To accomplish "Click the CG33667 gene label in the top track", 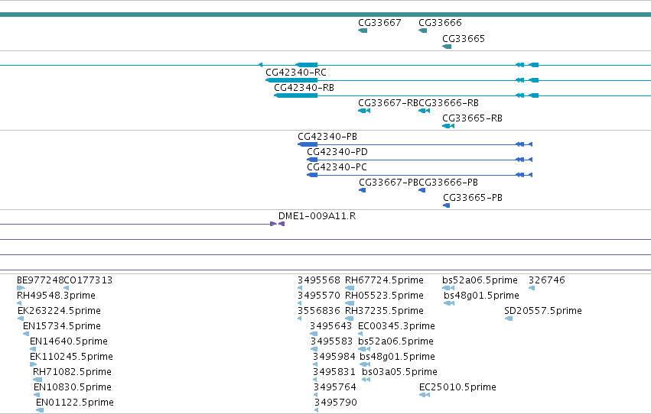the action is point(379,22).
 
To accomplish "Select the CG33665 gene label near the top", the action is point(464,38).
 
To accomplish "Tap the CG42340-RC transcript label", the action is point(296,72).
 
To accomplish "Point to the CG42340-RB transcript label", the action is point(304,87).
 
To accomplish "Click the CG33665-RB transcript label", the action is point(472,118).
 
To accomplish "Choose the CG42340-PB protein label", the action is point(327,136).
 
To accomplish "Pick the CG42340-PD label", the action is point(337,152).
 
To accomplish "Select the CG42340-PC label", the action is point(337,167).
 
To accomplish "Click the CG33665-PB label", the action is point(473,198).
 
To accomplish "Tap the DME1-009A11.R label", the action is point(317,216).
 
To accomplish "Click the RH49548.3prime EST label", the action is point(56,296).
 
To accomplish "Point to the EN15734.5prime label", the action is point(62,326).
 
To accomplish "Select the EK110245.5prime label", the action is point(71,357).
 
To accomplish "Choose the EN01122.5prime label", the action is point(75,403).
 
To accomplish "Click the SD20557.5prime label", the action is point(543,311).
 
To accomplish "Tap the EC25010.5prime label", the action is point(457,387).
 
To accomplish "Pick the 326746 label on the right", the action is point(547,280).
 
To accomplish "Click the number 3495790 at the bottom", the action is point(336,403).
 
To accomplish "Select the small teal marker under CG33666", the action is point(422,31).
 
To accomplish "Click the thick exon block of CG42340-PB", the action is point(308,144).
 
